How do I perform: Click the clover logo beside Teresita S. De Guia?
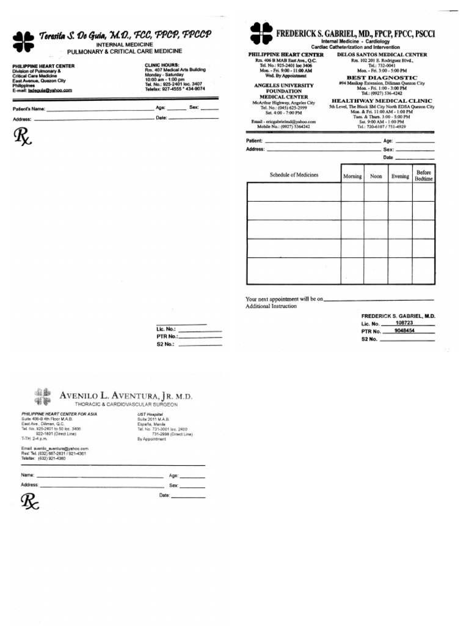point(24,41)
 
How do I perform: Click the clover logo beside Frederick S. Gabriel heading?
point(261,34)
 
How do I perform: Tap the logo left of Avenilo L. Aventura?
point(43,396)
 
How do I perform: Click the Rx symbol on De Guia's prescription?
point(22,137)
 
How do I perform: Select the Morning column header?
point(352,176)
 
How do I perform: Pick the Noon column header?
point(376,176)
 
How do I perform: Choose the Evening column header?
point(400,176)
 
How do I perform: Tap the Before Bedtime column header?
point(424,175)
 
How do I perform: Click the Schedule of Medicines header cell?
point(294,175)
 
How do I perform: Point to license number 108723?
point(404,322)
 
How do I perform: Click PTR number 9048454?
point(404,330)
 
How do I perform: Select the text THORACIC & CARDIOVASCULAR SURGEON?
point(126,405)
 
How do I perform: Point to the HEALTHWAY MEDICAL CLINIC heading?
point(382,100)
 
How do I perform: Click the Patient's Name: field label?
point(29,109)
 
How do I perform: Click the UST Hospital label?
point(149,414)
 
